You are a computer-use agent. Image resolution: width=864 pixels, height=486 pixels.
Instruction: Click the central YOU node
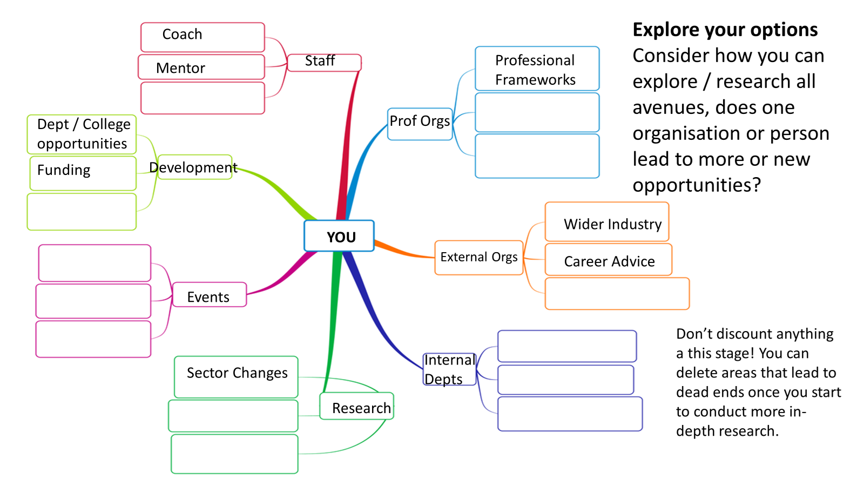(339, 236)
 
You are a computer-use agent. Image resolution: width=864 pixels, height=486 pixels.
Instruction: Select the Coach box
(202, 37)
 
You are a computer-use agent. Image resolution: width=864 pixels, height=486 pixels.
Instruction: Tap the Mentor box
(201, 67)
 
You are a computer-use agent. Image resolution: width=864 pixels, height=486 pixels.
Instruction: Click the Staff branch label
(323, 62)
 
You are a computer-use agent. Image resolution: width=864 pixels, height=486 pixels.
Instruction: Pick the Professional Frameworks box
(537, 69)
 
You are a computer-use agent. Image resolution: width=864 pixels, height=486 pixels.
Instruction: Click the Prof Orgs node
(420, 124)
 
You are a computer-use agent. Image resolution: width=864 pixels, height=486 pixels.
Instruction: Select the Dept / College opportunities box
(82, 134)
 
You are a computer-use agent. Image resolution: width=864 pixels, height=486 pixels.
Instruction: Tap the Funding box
(83, 173)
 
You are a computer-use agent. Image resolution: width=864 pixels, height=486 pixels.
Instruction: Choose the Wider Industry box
(607, 222)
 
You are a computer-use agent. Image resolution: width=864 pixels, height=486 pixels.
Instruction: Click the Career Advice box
(609, 260)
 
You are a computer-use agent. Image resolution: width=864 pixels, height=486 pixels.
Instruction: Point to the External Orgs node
(478, 258)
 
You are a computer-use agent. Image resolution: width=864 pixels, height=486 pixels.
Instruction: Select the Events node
(209, 295)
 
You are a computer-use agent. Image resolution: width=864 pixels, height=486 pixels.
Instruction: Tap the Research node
(357, 406)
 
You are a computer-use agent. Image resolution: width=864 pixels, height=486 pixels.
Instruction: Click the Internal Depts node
(449, 369)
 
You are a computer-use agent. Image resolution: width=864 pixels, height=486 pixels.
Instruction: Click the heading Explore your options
(725, 30)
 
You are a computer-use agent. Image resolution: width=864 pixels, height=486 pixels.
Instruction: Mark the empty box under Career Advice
(617, 294)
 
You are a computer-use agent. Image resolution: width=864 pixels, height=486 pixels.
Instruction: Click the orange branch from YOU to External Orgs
(402, 252)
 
